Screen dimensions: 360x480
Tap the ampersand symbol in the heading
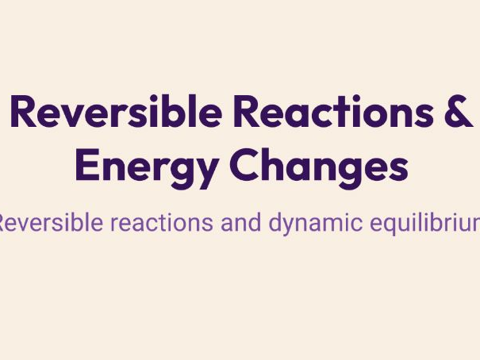click(458, 113)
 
